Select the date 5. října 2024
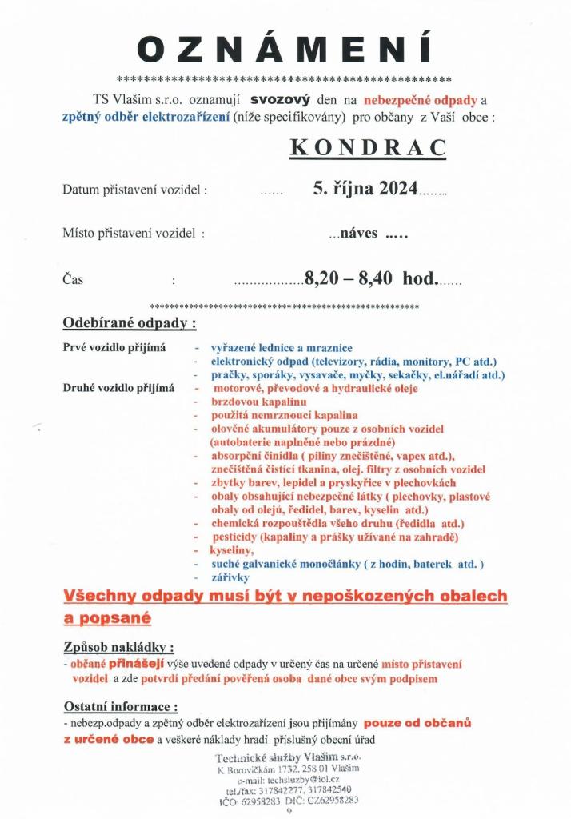(365, 189)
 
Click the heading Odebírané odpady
(129, 324)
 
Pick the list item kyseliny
(232, 550)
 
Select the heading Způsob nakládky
(118, 646)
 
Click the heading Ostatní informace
(120, 707)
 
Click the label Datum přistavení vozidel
(135, 190)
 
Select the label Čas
(73, 280)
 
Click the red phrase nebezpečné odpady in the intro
(421, 101)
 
